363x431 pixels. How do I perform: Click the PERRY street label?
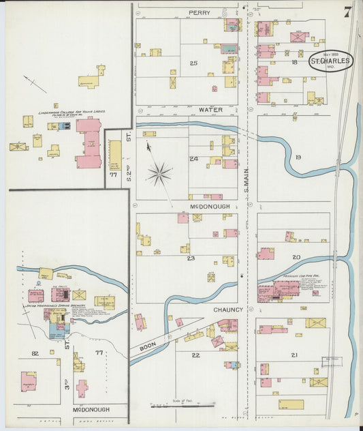[200, 12]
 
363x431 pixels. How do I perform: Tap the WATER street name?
[210, 109]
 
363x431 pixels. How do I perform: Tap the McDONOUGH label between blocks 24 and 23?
[208, 205]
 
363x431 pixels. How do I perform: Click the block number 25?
[193, 63]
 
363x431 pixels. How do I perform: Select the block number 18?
[294, 62]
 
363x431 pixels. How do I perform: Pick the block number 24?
[193, 158]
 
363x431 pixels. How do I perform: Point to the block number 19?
[298, 158]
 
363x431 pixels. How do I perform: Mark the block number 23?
[191, 258]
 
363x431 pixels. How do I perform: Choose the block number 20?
[296, 257]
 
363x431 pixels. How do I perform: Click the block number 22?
[195, 355]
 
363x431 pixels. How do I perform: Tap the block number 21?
[294, 355]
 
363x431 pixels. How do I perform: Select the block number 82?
[35, 353]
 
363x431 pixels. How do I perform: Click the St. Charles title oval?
[331, 61]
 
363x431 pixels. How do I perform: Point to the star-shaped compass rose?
[159, 173]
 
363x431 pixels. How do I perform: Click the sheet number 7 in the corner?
[347, 12]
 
